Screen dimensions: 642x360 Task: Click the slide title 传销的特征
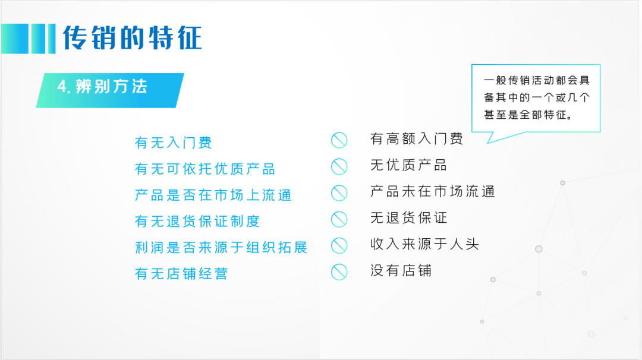tap(132, 38)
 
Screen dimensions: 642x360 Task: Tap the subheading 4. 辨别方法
tap(102, 87)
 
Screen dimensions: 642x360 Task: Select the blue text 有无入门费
tap(173, 143)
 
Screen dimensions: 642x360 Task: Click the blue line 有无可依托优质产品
tap(205, 169)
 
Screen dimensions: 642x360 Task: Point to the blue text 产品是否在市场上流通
tap(213, 195)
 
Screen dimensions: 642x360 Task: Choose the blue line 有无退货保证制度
tap(197, 222)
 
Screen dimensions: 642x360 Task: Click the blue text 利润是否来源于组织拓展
tap(221, 248)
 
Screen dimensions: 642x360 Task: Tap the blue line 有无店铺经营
tap(181, 274)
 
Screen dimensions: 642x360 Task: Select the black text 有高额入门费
tap(416, 138)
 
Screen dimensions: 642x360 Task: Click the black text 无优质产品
tap(408, 165)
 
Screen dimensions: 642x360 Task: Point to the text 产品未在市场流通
tap(432, 191)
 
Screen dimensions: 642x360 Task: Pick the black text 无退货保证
tap(408, 217)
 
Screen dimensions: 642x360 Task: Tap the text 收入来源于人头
tap(424, 244)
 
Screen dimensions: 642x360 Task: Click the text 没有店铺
tap(401, 270)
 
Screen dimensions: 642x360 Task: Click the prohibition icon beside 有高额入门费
tap(339, 140)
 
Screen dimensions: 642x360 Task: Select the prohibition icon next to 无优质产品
tap(339, 166)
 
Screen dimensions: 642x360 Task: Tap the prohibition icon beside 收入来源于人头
tap(339, 245)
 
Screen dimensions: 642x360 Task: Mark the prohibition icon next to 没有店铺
tap(339, 272)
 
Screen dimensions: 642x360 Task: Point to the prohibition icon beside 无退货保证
tap(339, 219)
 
